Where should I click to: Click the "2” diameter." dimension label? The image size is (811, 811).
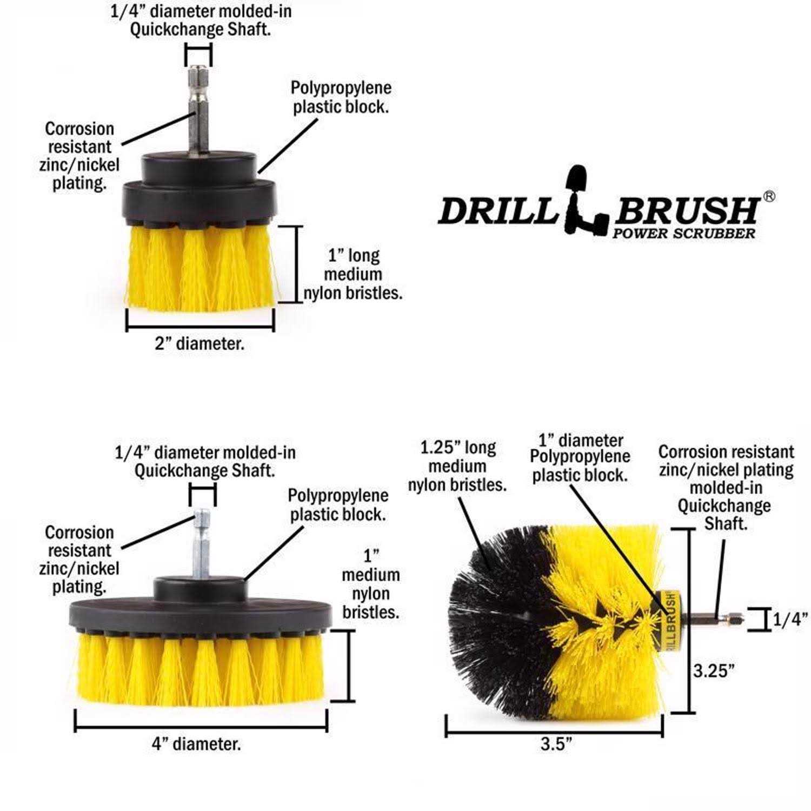tap(200, 344)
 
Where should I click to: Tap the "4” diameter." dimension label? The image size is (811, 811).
tap(196, 744)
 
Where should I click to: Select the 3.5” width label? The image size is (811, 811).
tap(556, 744)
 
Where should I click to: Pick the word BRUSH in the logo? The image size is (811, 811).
tap(686, 210)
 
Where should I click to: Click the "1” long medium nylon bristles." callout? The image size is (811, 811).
tap(354, 274)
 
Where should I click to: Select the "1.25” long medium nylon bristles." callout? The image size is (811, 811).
tap(457, 466)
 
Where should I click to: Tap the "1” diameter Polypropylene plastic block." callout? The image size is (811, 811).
tap(580, 457)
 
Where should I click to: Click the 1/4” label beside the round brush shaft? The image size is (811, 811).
tap(789, 620)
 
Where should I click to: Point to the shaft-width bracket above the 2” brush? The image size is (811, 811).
tap(198, 55)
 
